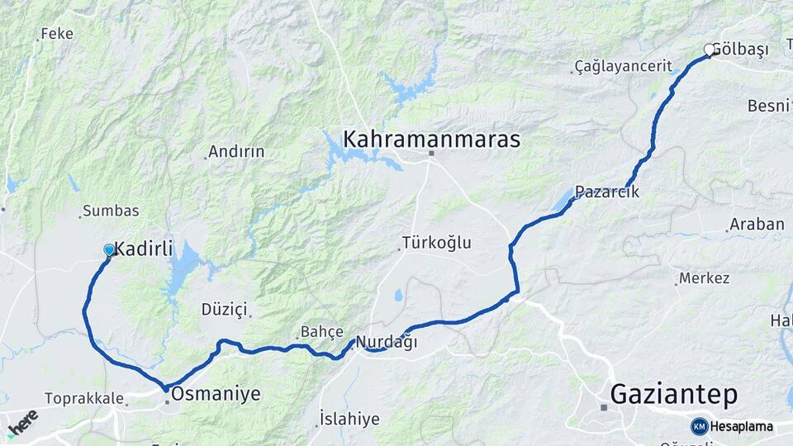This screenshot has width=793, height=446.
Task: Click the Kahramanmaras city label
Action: click(x=431, y=139)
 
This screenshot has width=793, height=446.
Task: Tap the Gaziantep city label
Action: click(x=673, y=395)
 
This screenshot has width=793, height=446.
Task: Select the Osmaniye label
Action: click(x=216, y=395)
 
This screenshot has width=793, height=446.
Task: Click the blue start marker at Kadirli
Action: click(x=109, y=249)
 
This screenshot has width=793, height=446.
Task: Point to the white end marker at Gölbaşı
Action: click(x=709, y=50)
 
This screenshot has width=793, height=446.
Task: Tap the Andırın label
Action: click(x=236, y=151)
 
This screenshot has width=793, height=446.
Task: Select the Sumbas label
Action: click(x=112, y=211)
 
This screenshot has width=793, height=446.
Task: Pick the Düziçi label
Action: click(x=224, y=309)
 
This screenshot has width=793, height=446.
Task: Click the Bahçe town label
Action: click(x=321, y=331)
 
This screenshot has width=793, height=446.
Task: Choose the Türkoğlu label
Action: click(x=436, y=243)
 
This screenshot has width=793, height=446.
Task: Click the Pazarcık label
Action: click(x=607, y=192)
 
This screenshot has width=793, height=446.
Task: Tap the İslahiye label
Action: click(x=349, y=419)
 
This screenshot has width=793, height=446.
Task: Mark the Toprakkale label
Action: click(x=83, y=398)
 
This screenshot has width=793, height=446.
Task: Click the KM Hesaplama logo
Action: click(x=732, y=426)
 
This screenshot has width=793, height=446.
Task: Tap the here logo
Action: click(x=22, y=423)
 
